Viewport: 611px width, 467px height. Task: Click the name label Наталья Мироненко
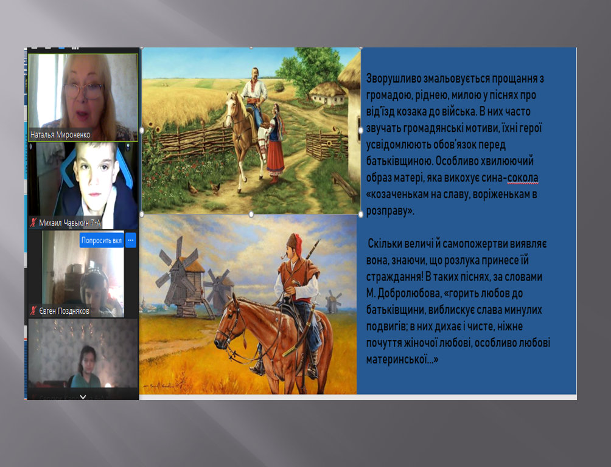click(60, 135)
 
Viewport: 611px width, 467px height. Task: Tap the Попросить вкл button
click(101, 240)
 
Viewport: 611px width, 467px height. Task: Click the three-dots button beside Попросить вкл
click(131, 240)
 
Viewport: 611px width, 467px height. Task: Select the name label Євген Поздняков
click(64, 311)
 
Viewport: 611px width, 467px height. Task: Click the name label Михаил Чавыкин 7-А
click(69, 223)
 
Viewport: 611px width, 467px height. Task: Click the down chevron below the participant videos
click(83, 397)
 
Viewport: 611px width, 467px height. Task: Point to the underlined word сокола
click(523, 178)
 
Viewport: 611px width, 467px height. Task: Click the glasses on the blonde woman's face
click(84, 91)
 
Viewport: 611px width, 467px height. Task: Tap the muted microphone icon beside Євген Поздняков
click(34, 311)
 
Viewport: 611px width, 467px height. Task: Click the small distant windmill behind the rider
click(332, 301)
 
